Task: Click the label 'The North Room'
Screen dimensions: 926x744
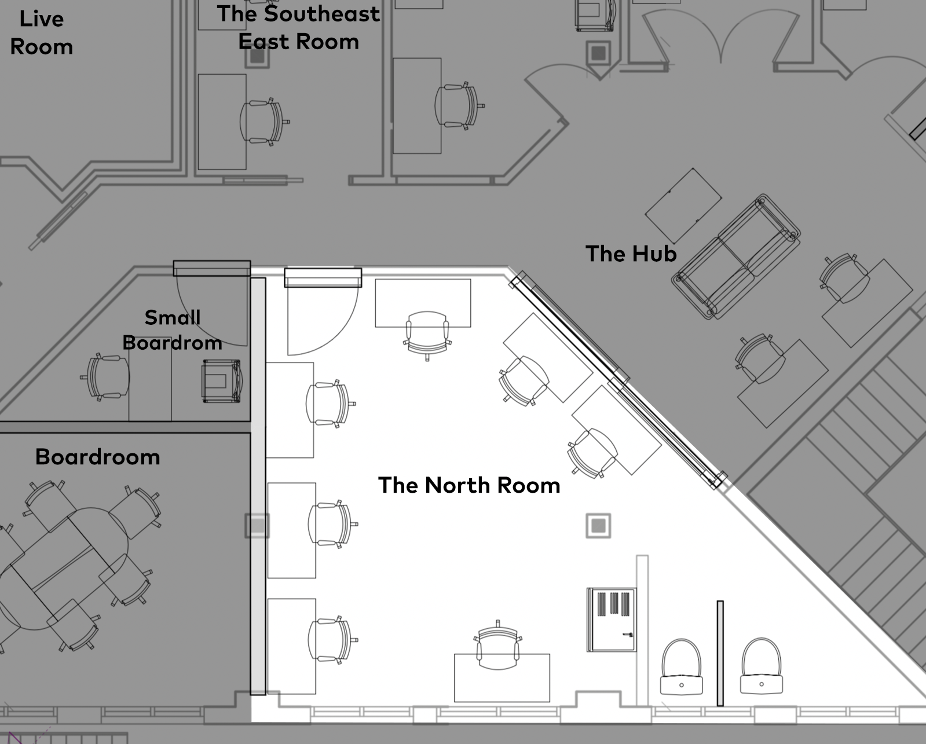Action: pyautogui.click(x=469, y=485)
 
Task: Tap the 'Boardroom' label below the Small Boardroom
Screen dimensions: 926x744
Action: pyautogui.click(x=98, y=457)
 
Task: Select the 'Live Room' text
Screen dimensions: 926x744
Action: pyautogui.click(x=41, y=32)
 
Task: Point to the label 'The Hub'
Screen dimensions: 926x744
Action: pyautogui.click(x=631, y=254)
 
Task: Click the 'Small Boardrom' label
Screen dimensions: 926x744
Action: pyautogui.click(x=172, y=330)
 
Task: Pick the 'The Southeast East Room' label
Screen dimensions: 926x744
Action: pyautogui.click(x=298, y=28)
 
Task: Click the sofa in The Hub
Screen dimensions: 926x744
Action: pyautogui.click(x=736, y=256)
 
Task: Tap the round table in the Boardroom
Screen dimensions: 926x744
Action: pyautogui.click(x=64, y=568)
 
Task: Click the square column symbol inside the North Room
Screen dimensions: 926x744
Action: pyautogui.click(x=598, y=525)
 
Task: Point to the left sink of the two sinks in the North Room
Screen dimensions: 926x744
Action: pyautogui.click(x=682, y=666)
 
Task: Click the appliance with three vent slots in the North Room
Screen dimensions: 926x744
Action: pyautogui.click(x=612, y=620)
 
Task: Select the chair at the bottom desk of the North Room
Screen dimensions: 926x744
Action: pyautogui.click(x=498, y=646)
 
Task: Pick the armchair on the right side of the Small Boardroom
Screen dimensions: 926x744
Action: pyautogui.click(x=222, y=381)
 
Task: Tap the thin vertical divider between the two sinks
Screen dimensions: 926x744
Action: pyautogui.click(x=720, y=653)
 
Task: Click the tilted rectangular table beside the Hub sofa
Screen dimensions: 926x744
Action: pyautogui.click(x=683, y=206)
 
